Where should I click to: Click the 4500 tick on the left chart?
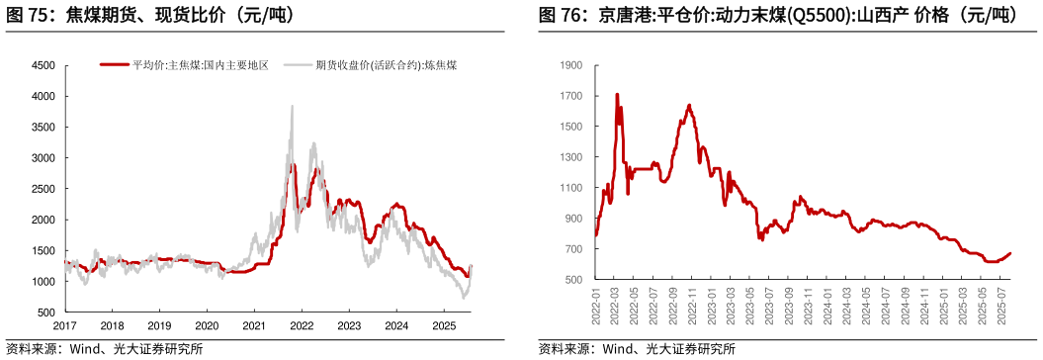click(x=43, y=65)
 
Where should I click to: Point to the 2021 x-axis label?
click(x=254, y=325)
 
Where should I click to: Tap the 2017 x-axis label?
click(x=64, y=325)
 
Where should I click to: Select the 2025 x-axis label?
click(x=444, y=325)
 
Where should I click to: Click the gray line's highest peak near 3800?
click(x=292, y=106)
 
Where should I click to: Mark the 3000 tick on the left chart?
click(x=43, y=158)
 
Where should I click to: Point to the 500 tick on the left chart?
click(x=46, y=313)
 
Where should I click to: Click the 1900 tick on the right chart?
click(x=570, y=65)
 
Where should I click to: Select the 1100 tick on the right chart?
click(x=570, y=189)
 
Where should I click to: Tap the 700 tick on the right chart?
click(x=573, y=250)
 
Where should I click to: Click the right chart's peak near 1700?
click(x=617, y=95)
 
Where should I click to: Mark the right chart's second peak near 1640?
click(x=689, y=105)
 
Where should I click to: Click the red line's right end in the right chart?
click(x=1009, y=253)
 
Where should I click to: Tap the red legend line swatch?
click(x=115, y=65)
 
